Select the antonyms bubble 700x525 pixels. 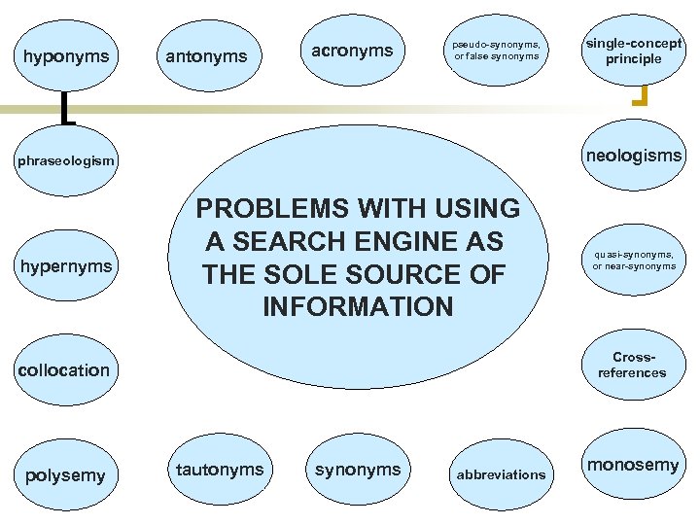coord(206,57)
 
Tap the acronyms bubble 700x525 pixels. coord(352,51)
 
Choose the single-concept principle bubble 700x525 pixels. coord(633,52)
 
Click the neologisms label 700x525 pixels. coord(633,156)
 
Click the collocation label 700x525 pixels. coord(65,369)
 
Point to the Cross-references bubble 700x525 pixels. coord(633,365)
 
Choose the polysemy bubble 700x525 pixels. coord(63,474)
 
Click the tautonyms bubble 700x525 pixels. coord(220,470)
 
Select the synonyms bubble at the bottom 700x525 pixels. coord(358,470)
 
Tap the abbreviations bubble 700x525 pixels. coord(502,474)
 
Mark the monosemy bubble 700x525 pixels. coord(633,465)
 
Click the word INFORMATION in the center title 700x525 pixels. coord(358,308)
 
